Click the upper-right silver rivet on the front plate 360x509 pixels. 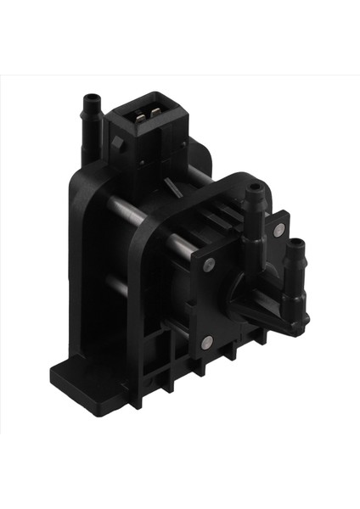277,231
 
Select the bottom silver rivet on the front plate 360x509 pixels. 206,342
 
